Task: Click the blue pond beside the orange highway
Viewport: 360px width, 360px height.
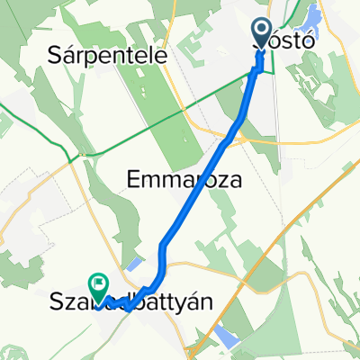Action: point(226,337)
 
